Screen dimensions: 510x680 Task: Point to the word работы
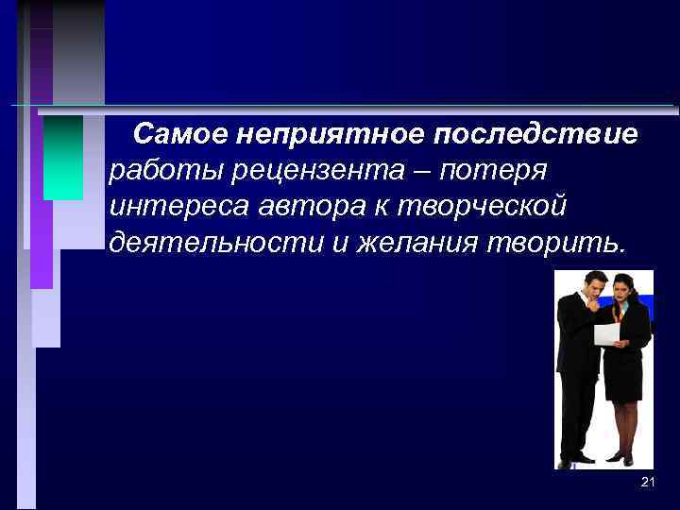[156, 172]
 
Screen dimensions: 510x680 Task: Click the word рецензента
[302, 172]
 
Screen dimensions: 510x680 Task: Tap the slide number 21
[647, 483]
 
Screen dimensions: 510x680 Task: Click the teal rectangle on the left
[63, 157]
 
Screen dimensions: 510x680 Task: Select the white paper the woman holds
[606, 332]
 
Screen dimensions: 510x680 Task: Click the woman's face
[620, 290]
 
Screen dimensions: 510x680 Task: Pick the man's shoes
[574, 460]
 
